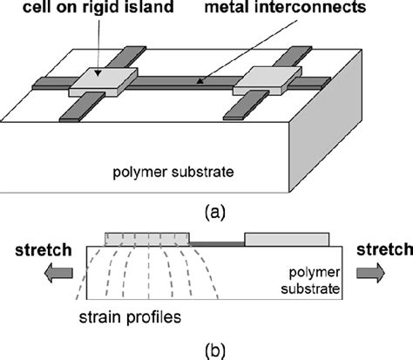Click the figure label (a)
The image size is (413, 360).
(x=207, y=212)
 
